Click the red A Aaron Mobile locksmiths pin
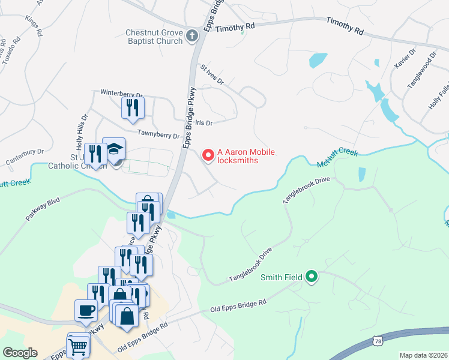point(208,155)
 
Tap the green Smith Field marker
point(311,277)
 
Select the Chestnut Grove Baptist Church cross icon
point(192,37)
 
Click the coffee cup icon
point(85,311)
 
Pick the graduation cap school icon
point(113,149)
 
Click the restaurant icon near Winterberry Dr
point(133,107)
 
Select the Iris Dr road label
point(200,122)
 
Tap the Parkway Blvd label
point(43,208)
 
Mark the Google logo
point(20,353)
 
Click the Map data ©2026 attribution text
point(423,355)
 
